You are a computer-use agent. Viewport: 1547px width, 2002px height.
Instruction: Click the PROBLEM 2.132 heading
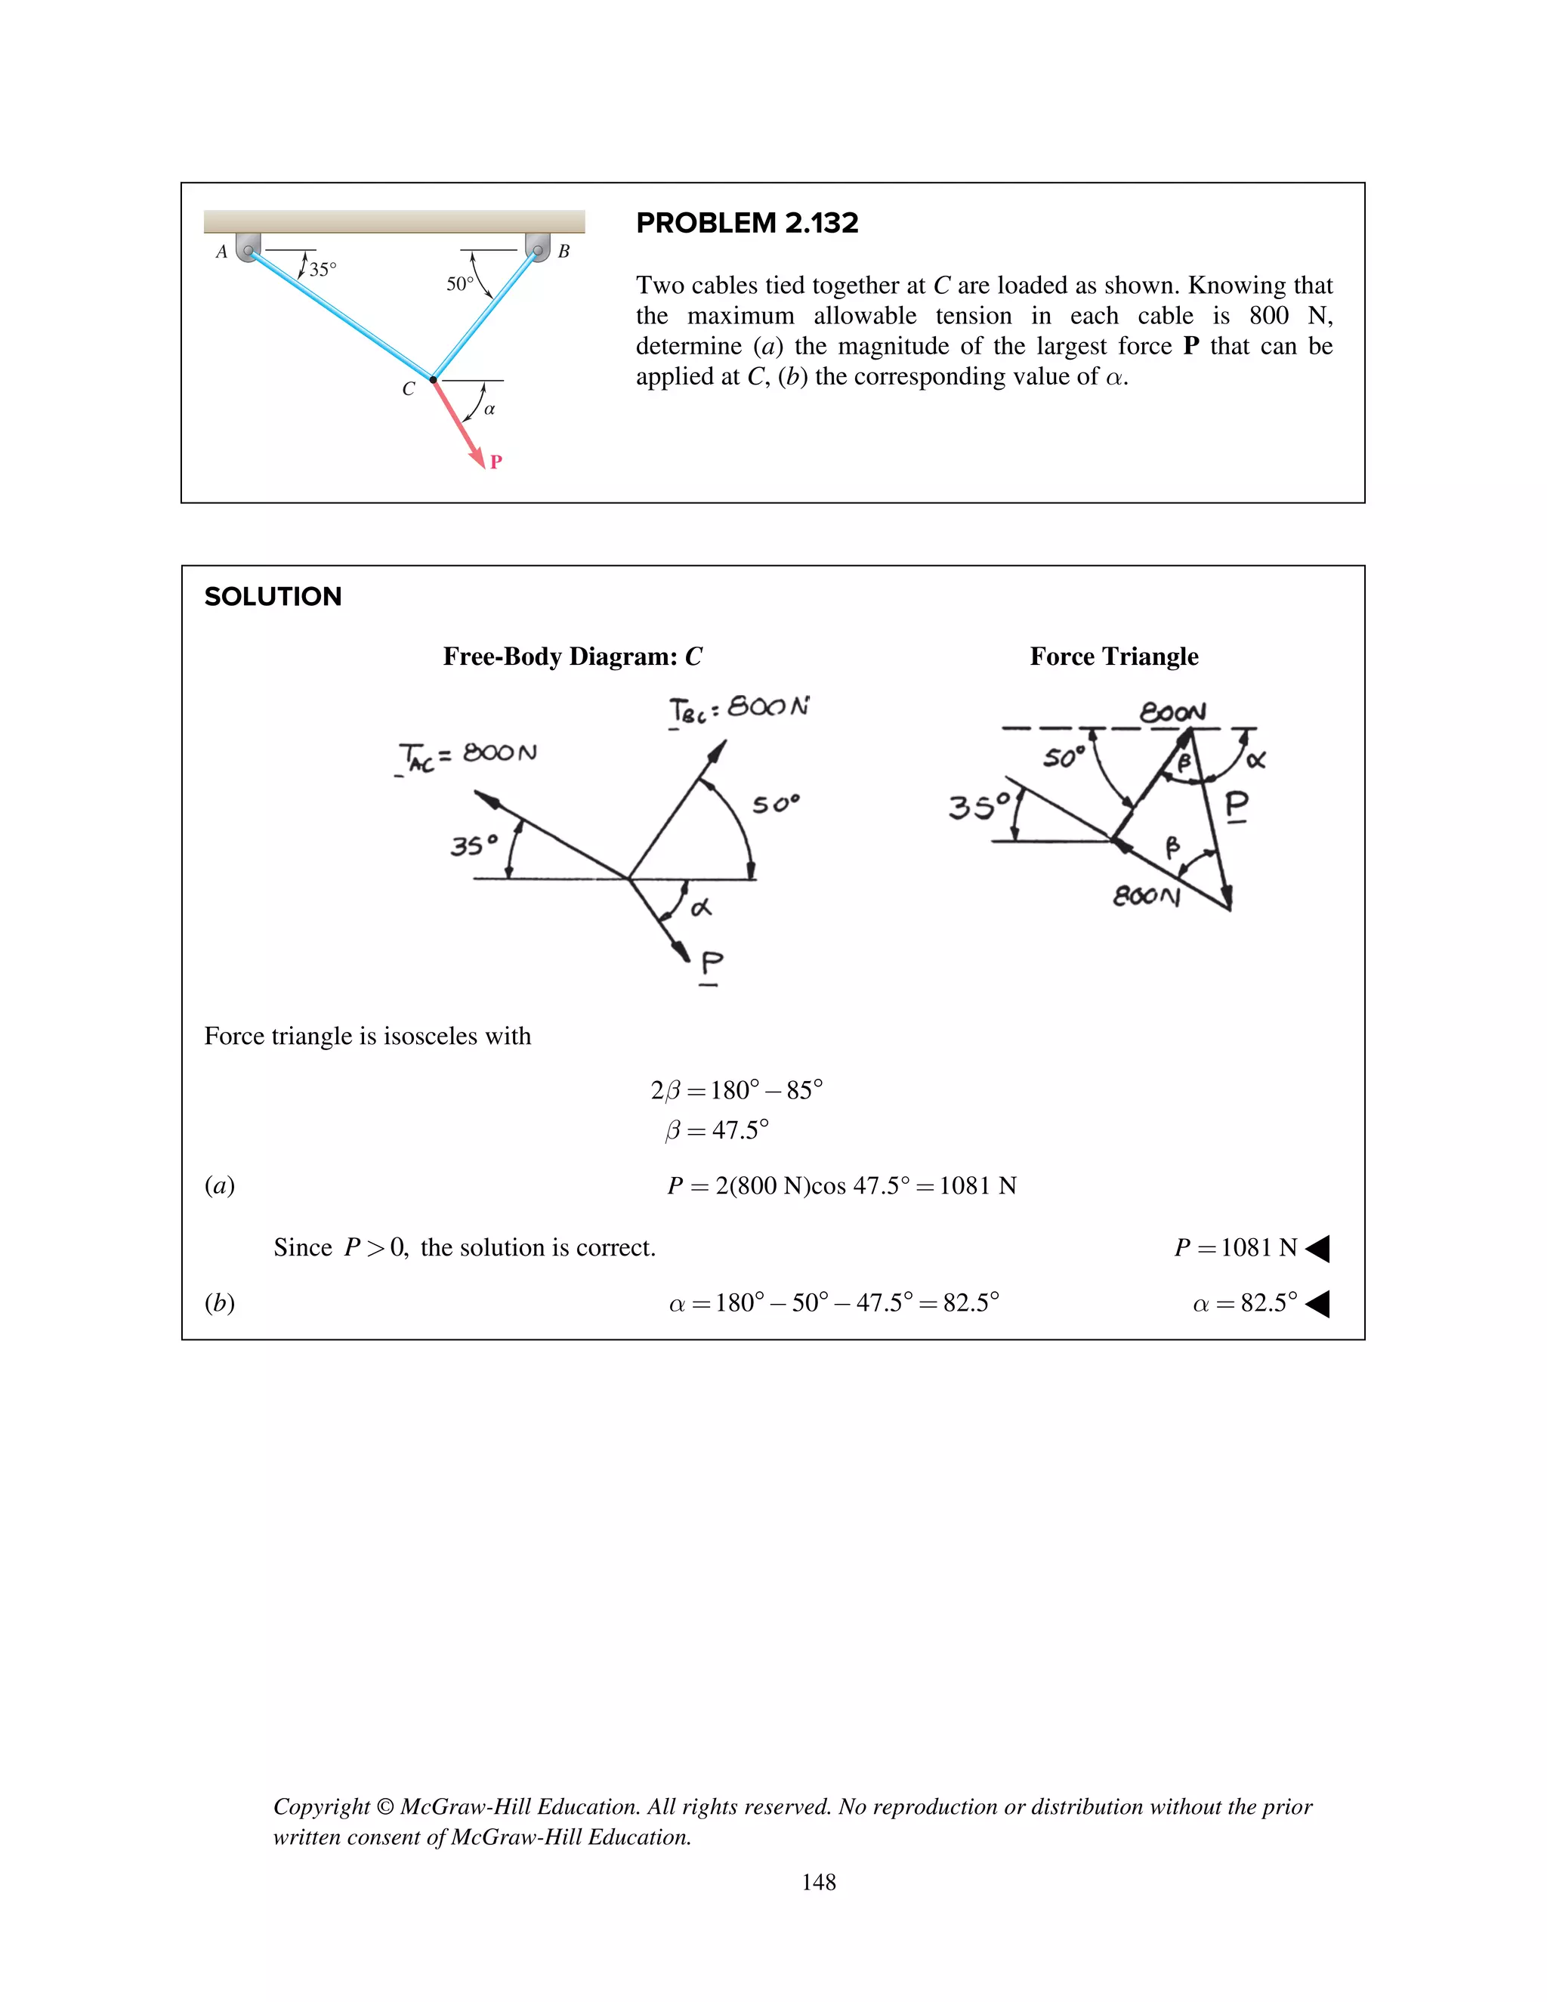point(747,223)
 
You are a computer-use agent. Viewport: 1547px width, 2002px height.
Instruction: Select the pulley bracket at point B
point(538,246)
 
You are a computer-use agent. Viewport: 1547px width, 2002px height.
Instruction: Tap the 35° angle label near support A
point(323,270)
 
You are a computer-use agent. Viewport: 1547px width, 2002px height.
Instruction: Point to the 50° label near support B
point(460,284)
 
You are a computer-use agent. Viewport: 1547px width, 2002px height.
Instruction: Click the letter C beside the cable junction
point(409,388)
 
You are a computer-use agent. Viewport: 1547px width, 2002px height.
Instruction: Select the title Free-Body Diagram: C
point(572,657)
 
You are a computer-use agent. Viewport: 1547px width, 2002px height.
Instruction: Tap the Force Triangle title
point(1113,657)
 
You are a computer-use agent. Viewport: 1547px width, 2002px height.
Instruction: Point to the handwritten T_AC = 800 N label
point(468,756)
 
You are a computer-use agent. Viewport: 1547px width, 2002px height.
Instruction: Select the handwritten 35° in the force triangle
point(979,807)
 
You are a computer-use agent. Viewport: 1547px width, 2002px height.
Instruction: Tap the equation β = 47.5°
point(717,1130)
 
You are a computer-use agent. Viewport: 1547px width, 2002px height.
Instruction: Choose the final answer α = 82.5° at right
point(1245,1302)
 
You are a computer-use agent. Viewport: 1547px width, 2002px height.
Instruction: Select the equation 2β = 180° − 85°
point(736,1090)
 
